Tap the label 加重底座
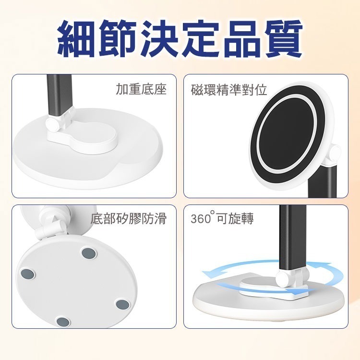click(141, 90)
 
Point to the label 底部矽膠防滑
click(129, 219)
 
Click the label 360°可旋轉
click(222, 219)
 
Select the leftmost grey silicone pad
click(28, 274)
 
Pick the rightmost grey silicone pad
click(123, 304)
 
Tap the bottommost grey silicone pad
click(63, 322)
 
